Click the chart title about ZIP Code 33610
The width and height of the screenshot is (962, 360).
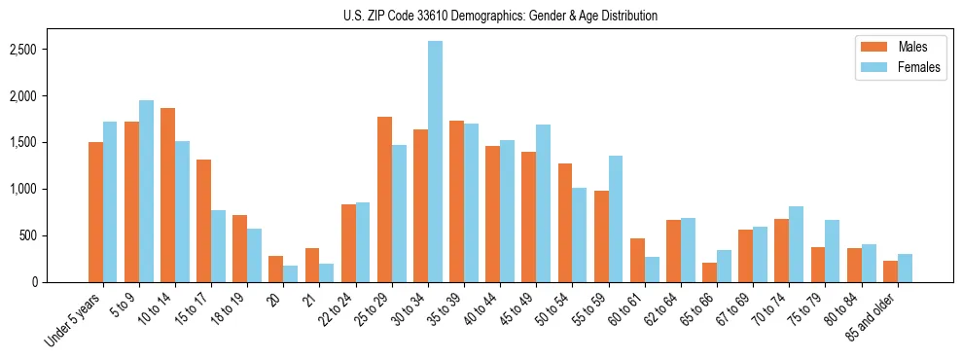tap(500, 16)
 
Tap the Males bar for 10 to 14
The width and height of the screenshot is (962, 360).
tap(168, 195)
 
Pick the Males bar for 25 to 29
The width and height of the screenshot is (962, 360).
tap(384, 199)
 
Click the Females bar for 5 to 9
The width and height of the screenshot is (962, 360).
tap(147, 191)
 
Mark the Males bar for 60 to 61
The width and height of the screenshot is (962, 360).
tap(637, 260)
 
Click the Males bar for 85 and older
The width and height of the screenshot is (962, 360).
tap(889, 271)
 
